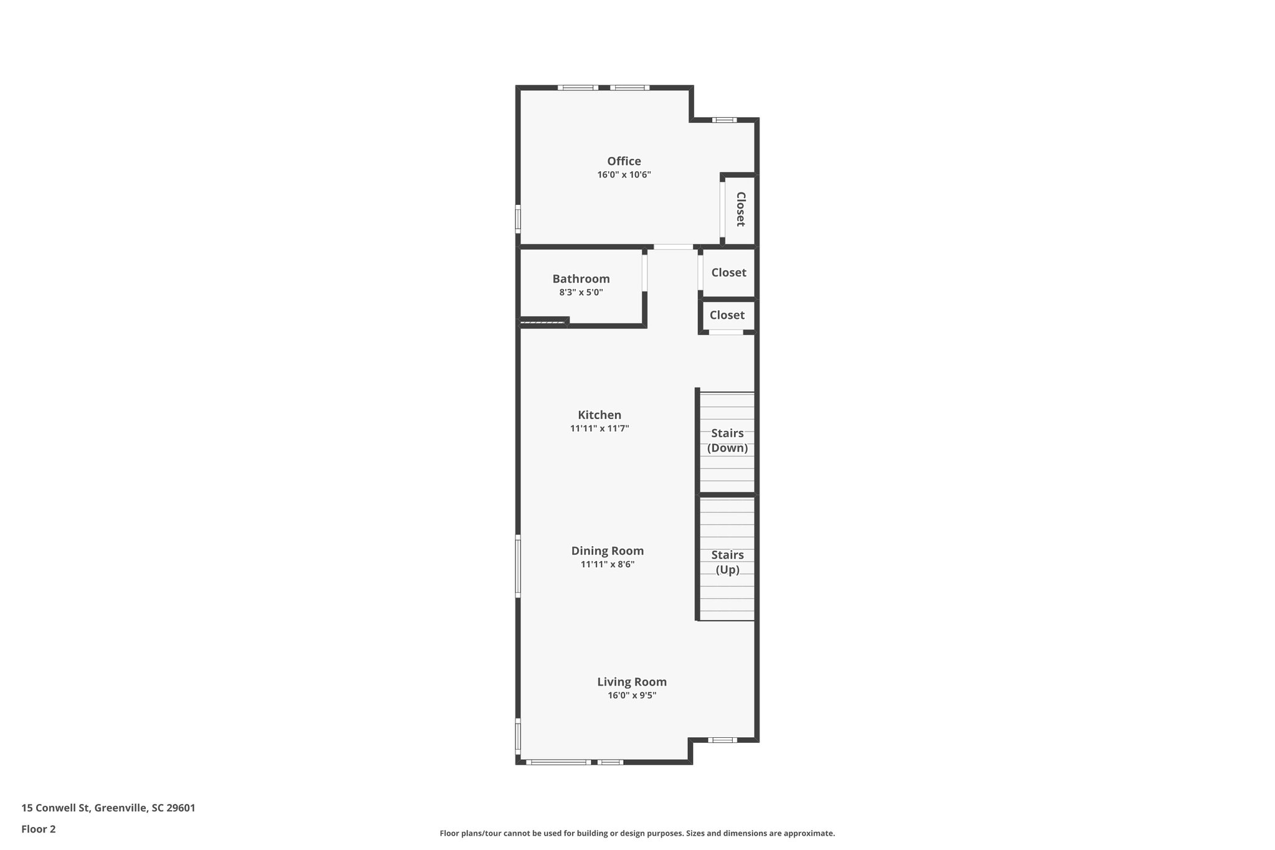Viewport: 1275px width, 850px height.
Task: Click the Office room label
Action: tap(624, 161)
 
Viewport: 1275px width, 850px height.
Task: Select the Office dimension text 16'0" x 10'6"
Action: tap(624, 175)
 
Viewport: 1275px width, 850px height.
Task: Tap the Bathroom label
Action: tap(581, 279)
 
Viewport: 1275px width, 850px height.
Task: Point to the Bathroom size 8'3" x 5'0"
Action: tap(581, 292)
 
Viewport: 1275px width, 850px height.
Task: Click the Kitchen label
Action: tap(599, 415)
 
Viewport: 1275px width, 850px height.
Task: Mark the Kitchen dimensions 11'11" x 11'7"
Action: tap(599, 428)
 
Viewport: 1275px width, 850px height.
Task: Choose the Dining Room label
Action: tap(607, 550)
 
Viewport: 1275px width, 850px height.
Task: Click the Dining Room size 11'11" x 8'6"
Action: tap(607, 565)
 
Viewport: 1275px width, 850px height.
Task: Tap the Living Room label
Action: tap(631, 682)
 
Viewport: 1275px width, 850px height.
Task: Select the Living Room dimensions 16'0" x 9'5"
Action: tap(631, 696)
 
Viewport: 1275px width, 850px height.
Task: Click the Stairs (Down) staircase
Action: tap(727, 441)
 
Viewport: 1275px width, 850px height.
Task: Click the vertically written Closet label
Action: tap(740, 209)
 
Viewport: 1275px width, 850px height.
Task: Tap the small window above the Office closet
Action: tap(724, 120)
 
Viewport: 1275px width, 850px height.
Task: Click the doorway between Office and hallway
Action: tap(672, 247)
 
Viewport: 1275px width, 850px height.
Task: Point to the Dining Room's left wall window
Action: tap(518, 566)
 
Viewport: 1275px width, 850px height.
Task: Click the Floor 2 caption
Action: tap(39, 829)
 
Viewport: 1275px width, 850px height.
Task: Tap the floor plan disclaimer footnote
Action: tap(637, 833)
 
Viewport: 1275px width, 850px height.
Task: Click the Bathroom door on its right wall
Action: tap(644, 273)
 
